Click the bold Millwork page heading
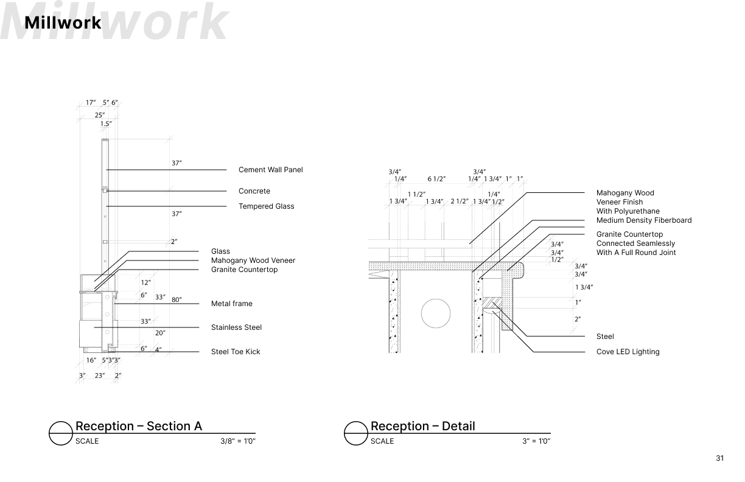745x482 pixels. (63, 23)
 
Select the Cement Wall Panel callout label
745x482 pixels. (270, 170)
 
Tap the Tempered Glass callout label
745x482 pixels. (266, 206)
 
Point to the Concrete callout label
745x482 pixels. (254, 191)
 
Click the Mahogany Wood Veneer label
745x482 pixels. (253, 260)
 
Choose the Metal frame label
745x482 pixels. (231, 304)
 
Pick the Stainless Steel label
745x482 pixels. (236, 327)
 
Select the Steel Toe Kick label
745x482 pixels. (236, 352)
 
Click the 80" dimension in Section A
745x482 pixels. (177, 299)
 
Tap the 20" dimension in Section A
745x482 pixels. (160, 333)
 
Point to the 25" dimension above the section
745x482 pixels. (99, 114)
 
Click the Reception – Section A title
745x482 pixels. (138, 426)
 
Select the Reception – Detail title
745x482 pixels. (422, 426)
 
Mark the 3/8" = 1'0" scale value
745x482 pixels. (237, 441)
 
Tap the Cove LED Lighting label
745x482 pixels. (628, 352)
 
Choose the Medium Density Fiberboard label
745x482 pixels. (643, 220)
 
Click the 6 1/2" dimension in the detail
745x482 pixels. (436, 179)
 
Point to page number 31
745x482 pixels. (720, 458)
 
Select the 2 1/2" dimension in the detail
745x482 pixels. (460, 201)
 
